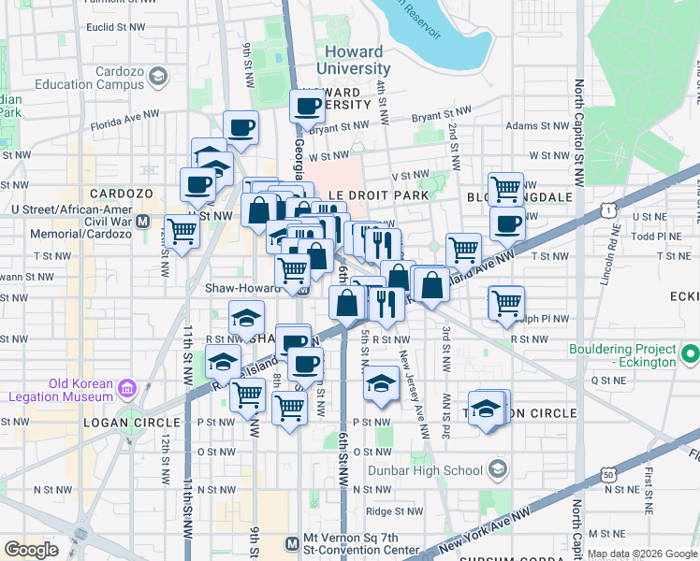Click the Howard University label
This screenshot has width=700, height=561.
coord(354,60)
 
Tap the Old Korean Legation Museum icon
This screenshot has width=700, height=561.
coord(127,387)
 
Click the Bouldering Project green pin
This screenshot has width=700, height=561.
coord(691,354)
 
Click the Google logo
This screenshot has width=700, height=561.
coord(31,550)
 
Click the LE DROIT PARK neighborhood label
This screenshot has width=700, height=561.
coord(378,194)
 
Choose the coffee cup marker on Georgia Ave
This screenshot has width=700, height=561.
coord(307,107)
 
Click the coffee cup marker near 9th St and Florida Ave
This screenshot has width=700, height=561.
coord(241,127)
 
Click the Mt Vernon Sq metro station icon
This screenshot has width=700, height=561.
coord(297,541)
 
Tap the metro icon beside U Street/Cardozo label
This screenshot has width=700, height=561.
coord(143,223)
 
